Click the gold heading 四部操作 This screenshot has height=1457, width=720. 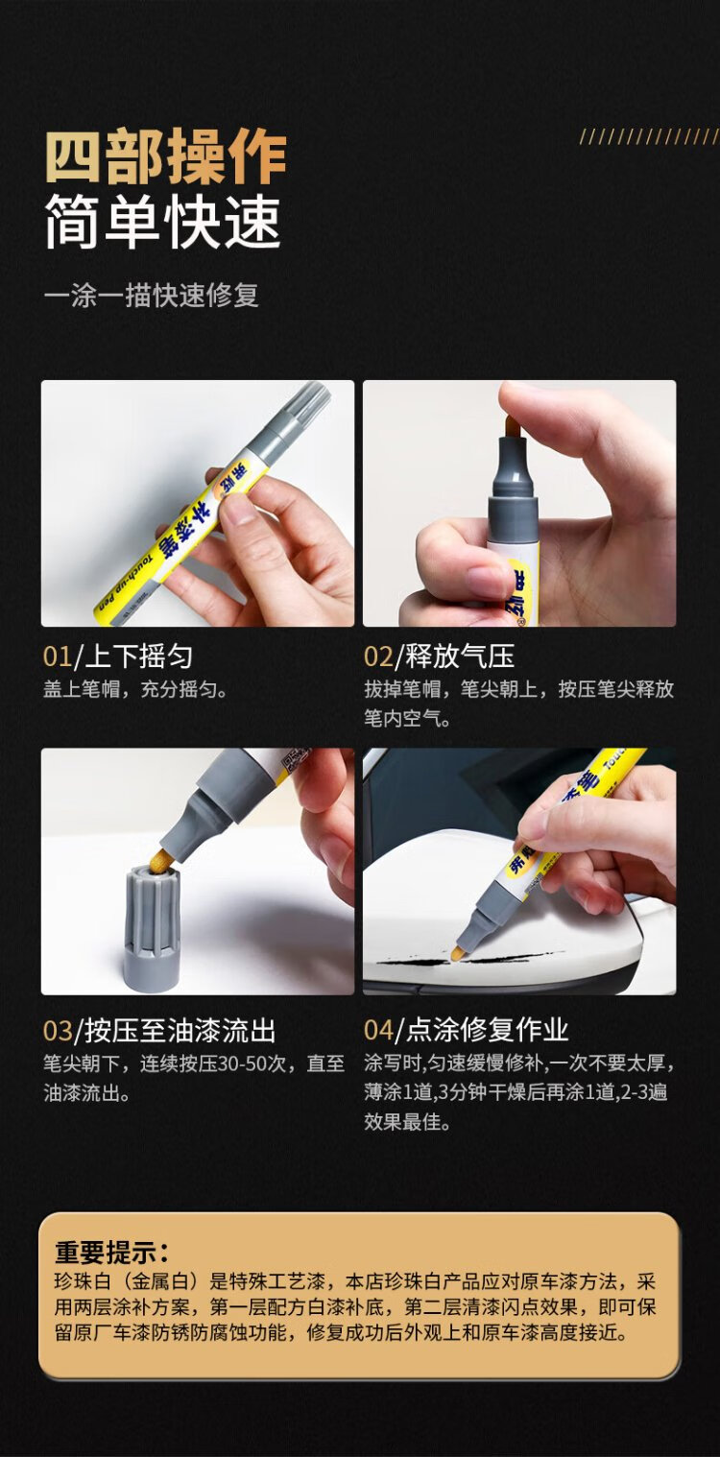click(166, 156)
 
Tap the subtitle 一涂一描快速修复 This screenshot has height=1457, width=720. click(152, 296)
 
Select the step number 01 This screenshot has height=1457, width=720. click(58, 657)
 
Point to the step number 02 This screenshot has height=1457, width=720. click(378, 657)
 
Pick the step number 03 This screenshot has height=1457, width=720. click(58, 1031)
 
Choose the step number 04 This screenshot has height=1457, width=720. click(379, 1030)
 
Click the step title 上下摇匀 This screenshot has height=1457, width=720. click(138, 657)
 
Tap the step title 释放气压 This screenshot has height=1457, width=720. click(460, 657)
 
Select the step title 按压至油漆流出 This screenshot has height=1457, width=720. click(180, 1031)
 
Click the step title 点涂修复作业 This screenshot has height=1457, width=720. click(487, 1030)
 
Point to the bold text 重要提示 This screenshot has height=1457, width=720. click(112, 1252)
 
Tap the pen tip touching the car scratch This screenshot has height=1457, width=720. click(458, 953)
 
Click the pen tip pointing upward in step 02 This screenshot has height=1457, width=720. click(514, 426)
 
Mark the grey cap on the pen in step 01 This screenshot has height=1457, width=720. click(296, 415)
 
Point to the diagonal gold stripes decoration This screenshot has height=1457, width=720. click(649, 136)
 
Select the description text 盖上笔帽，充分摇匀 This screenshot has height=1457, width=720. click(135, 689)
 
